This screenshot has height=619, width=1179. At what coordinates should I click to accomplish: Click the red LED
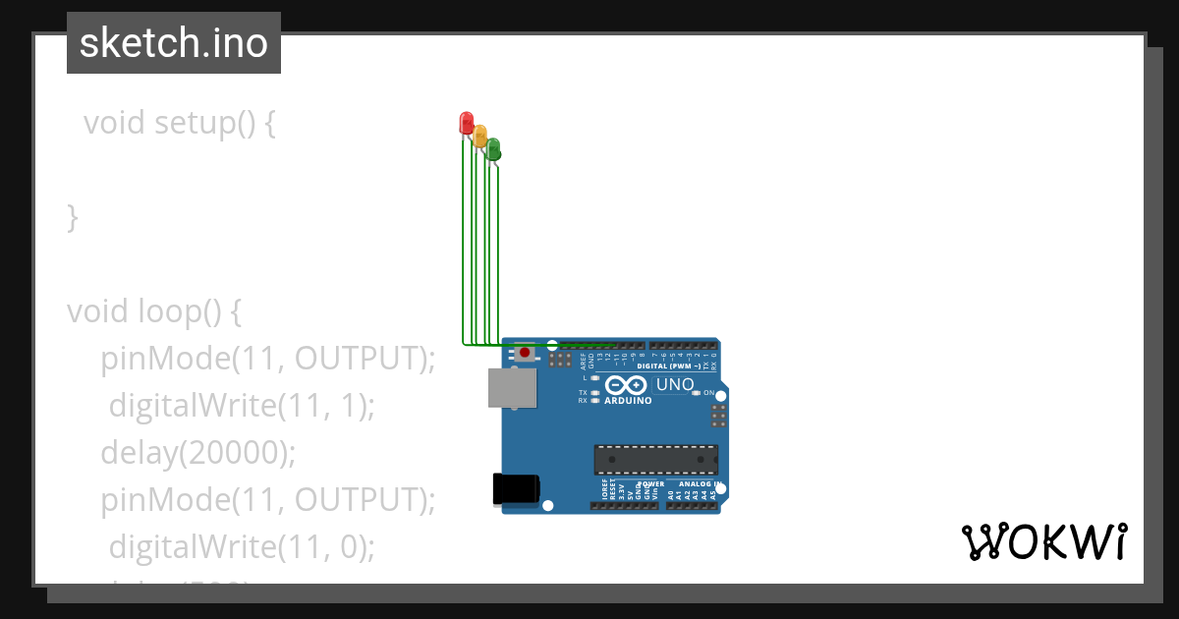pyautogui.click(x=467, y=123)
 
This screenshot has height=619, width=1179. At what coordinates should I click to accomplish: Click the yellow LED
pyautogui.click(x=480, y=136)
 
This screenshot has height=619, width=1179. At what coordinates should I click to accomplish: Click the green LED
pyautogui.click(x=493, y=148)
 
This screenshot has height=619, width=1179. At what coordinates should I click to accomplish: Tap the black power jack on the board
pyautogui.click(x=516, y=488)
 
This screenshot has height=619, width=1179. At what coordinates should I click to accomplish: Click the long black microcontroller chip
pyautogui.click(x=655, y=459)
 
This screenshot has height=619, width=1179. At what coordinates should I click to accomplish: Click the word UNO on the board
pyautogui.click(x=675, y=384)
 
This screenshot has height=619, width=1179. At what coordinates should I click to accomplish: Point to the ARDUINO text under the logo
pyautogui.click(x=629, y=400)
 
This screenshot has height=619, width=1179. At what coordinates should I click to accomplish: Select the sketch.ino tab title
pyautogui.click(x=173, y=43)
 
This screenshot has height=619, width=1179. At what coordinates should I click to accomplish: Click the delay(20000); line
pyautogui.click(x=197, y=452)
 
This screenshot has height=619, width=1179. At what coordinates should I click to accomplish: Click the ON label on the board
pyautogui.click(x=708, y=392)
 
